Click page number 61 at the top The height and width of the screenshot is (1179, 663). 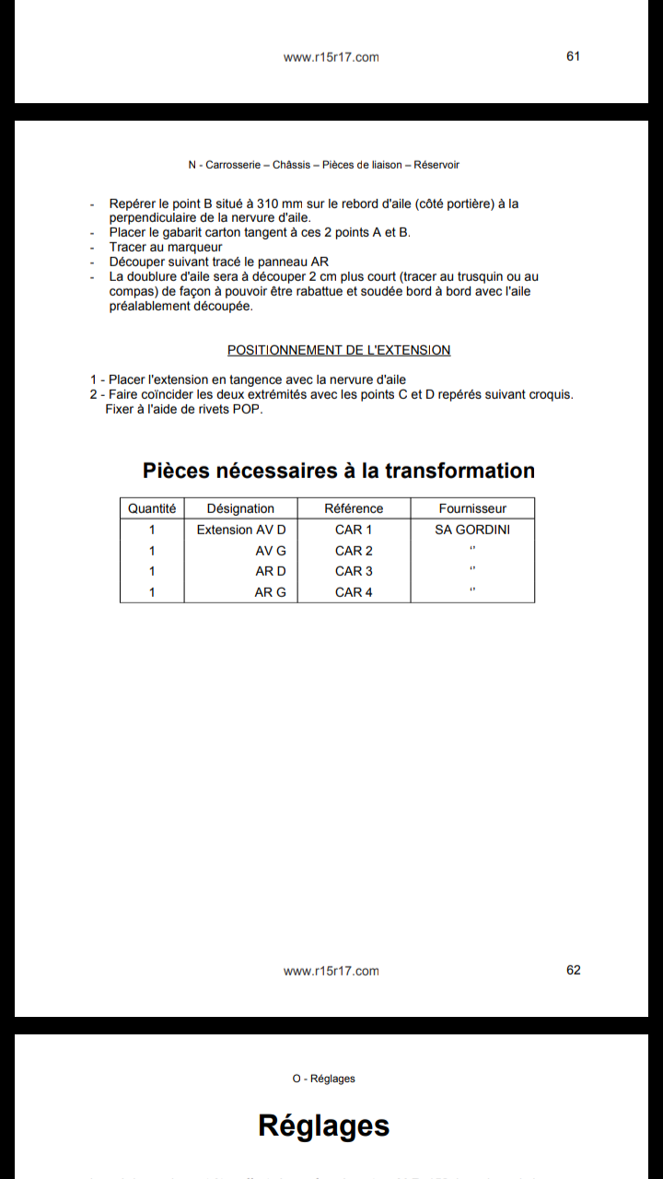click(573, 56)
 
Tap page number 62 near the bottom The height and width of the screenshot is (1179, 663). click(574, 970)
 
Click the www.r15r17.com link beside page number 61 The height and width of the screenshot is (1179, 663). click(331, 57)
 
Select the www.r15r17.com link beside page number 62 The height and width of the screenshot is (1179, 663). click(331, 971)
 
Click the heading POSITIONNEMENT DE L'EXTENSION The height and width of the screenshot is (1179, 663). click(339, 350)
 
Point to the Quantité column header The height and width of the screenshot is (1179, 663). click(152, 508)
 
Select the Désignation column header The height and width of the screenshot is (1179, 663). click(240, 508)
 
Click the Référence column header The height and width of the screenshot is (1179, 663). click(354, 508)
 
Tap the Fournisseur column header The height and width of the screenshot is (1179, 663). click(472, 508)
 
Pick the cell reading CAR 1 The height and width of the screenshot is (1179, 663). click(354, 530)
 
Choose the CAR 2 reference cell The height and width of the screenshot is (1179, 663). click(354, 551)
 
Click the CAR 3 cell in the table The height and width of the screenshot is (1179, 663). click(354, 571)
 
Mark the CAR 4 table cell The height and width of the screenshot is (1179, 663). click(354, 592)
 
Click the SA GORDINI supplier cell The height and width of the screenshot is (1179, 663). click(472, 530)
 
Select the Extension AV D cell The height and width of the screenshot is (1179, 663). click(241, 530)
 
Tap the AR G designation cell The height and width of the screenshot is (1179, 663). click(270, 592)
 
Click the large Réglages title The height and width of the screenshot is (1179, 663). click(324, 1126)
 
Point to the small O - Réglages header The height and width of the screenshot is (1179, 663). click(324, 1079)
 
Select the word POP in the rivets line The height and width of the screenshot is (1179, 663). click(248, 410)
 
